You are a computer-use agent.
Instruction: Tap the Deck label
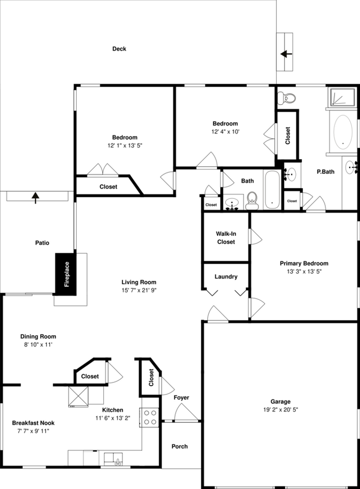[119, 49]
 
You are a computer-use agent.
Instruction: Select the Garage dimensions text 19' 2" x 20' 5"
[281, 410]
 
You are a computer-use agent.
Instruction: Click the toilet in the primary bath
[286, 98]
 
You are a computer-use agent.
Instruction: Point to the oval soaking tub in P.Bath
[343, 131]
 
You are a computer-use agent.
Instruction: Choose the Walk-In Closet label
[226, 238]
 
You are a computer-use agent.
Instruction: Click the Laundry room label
[226, 277]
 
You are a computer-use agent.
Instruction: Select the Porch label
[179, 447]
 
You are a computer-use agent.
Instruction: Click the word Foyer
[181, 398]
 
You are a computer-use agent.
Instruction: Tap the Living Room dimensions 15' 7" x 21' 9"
[139, 290]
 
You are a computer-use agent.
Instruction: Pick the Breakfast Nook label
[33, 423]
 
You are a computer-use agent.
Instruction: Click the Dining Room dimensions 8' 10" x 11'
[38, 344]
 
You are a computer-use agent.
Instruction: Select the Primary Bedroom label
[304, 264]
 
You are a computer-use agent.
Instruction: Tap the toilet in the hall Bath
[251, 201]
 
